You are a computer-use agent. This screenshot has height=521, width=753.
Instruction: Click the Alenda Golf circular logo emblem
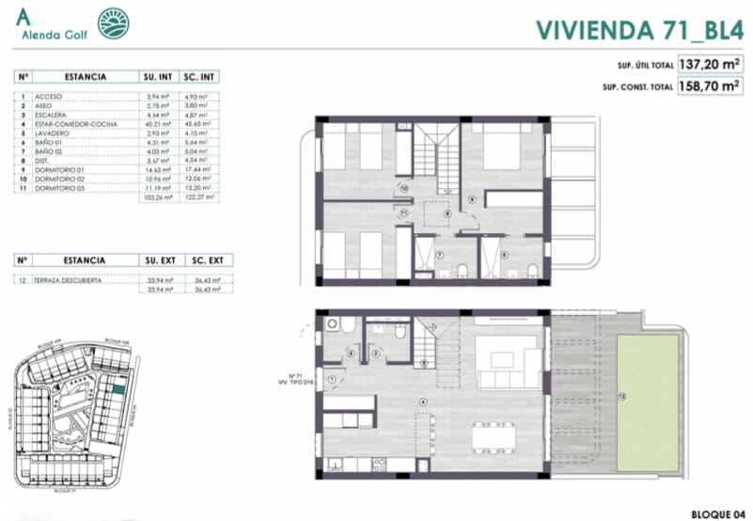click(114, 24)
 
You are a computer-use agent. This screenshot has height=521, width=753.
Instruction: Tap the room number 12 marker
click(621, 396)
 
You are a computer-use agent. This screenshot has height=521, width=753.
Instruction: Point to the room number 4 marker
click(423, 403)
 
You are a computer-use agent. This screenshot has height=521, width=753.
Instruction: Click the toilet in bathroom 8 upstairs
click(532, 273)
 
